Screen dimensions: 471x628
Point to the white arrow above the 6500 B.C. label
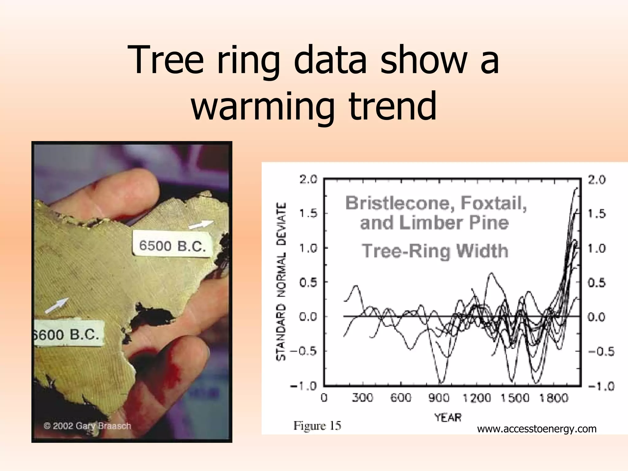coord(201,224)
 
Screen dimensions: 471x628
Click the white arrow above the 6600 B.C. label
coord(57,305)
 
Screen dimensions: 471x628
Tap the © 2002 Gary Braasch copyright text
coord(87,426)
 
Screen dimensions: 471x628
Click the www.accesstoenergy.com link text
coord(537,429)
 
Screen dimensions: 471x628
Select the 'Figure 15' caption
coord(317,425)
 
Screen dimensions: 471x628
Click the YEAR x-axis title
coord(448,417)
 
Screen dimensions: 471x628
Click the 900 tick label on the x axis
coord(439,398)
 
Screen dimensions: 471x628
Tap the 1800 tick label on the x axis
coord(553,398)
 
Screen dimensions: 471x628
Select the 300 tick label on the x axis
coord(362,398)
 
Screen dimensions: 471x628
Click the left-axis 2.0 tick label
coord(308,180)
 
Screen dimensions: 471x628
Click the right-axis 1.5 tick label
coord(597,214)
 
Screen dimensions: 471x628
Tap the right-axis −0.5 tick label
coord(601,351)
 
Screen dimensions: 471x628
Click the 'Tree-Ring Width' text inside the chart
coord(435,251)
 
